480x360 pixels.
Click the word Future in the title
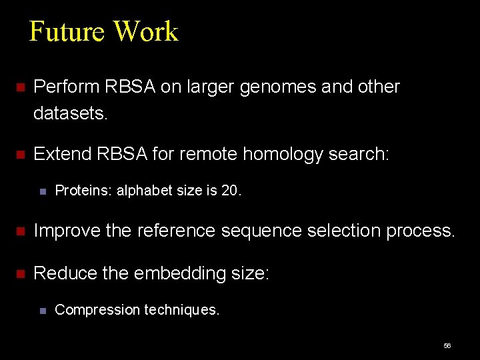pos(67,31)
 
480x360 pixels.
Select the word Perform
pos(65,87)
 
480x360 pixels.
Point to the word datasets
pos(70,114)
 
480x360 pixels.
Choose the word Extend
pos(63,155)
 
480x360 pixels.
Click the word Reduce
pos(64,273)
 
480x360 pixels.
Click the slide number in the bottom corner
pos(447,346)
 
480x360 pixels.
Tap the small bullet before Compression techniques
pos(42,311)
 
